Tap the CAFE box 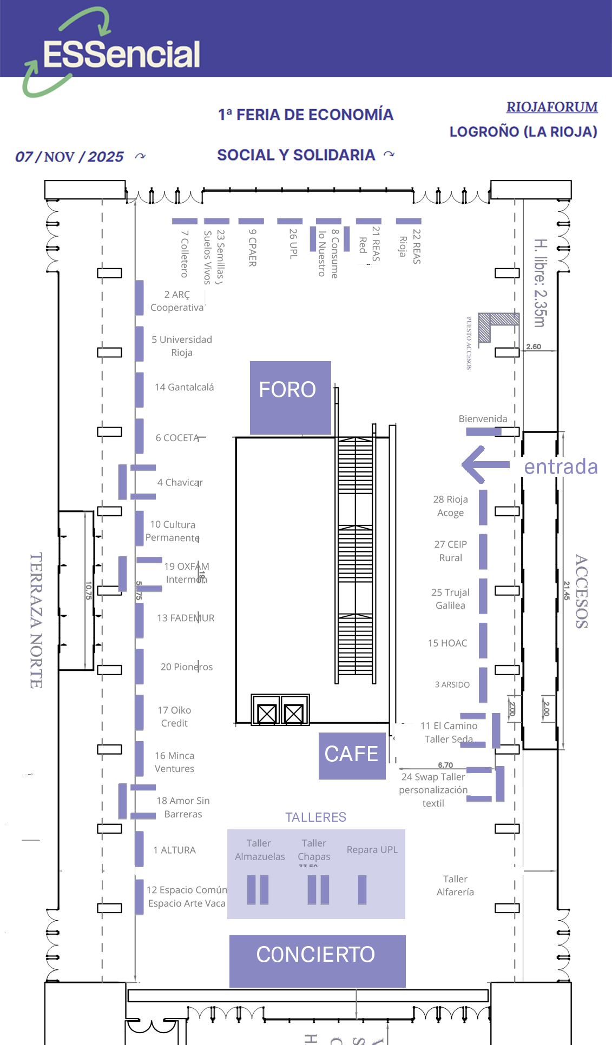pos(352,755)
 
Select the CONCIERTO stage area pos(317,960)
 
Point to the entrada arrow pos(485,464)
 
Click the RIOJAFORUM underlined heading pos(551,107)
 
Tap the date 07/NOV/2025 pos(69,157)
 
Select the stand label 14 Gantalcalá pos(184,387)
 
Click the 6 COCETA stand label pos(177,438)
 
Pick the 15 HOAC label pos(447,643)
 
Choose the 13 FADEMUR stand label pos(185,618)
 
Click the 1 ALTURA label pos(174,850)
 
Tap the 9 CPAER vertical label pos(252,248)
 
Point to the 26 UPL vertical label pos(293,243)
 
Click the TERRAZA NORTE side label pos(36,620)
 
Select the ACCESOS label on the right pos(581,591)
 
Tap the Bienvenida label pos(483,419)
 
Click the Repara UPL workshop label pos(372,850)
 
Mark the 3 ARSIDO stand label pos(452,684)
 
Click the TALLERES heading pos(315,817)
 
